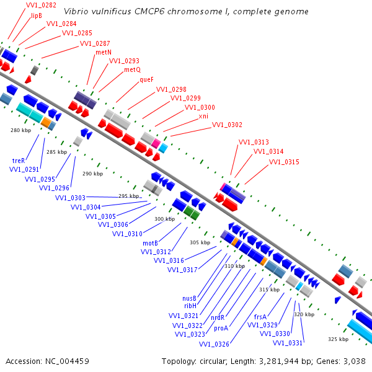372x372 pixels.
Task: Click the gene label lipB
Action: (x=37, y=15)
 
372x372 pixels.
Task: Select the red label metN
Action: (x=104, y=52)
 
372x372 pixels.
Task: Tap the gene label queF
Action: (x=146, y=79)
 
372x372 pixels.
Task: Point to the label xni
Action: (x=203, y=116)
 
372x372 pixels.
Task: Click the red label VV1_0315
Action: (x=284, y=162)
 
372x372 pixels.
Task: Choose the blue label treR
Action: (x=19, y=161)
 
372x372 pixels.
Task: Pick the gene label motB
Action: (x=150, y=244)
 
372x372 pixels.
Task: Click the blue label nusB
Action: (x=189, y=298)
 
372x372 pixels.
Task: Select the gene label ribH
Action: (x=190, y=306)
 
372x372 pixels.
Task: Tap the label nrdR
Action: (x=218, y=317)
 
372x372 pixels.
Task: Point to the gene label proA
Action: (x=221, y=329)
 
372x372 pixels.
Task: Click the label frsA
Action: (x=260, y=317)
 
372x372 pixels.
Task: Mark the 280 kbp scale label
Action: (x=21, y=130)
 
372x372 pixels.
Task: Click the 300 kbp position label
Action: (x=165, y=219)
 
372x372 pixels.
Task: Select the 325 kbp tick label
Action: (x=339, y=339)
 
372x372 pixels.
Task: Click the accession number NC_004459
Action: (x=67, y=361)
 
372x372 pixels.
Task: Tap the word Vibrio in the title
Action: (x=74, y=11)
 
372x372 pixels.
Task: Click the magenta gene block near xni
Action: (x=156, y=144)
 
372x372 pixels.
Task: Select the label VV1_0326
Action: (x=214, y=344)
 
